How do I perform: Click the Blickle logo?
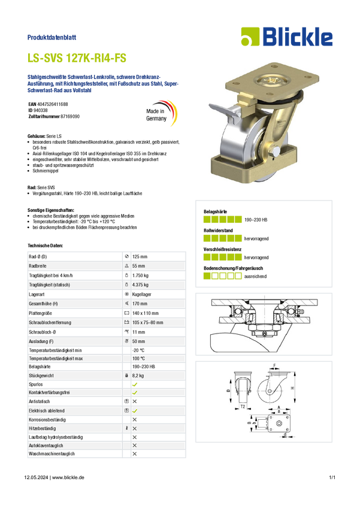287,37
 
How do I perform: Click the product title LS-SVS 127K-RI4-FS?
77,58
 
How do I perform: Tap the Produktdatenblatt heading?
52,37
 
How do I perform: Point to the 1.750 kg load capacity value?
140,275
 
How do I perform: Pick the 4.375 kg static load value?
140,285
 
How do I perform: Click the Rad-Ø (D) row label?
38,257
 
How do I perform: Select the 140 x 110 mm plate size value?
146,313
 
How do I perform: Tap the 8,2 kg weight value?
138,375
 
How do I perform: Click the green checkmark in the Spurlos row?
135,384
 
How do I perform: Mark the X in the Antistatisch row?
135,402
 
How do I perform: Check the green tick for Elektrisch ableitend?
135,411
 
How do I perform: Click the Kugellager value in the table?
141,295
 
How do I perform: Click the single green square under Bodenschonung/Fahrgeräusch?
207,276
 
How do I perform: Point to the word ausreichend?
255,276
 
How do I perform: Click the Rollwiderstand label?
218,231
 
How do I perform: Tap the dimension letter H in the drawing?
292,388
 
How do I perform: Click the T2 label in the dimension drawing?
243,407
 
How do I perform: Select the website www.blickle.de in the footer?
68,477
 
